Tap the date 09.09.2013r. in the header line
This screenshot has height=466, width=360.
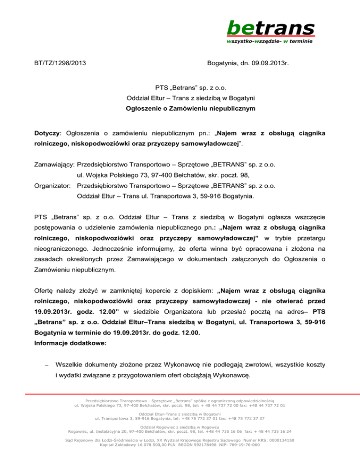[x=269, y=62]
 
